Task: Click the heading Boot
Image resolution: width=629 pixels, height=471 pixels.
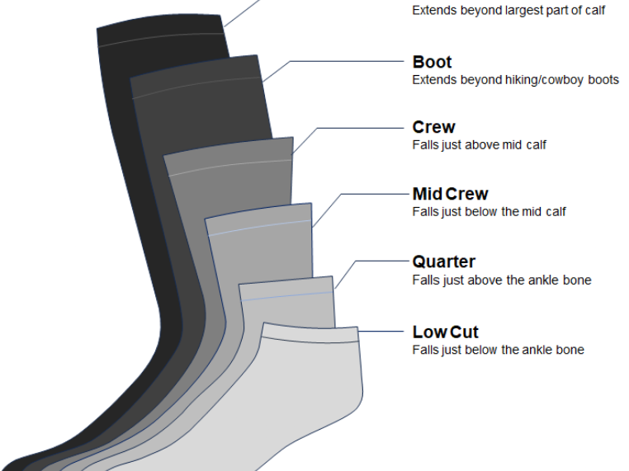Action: click(x=432, y=62)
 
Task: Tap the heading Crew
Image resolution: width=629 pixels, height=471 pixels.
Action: click(x=433, y=127)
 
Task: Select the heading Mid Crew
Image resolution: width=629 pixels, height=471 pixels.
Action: click(x=450, y=194)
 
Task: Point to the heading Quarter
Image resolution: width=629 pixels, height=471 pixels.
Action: click(x=444, y=261)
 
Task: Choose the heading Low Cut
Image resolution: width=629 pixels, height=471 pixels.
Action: click(x=445, y=332)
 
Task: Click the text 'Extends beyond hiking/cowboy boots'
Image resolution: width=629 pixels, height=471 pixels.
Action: click(x=515, y=80)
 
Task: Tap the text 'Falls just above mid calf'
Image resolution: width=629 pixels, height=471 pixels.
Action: click(x=479, y=145)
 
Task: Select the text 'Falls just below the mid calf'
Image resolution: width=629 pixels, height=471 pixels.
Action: click(x=489, y=212)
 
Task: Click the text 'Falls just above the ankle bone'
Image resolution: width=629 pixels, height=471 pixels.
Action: click(x=502, y=280)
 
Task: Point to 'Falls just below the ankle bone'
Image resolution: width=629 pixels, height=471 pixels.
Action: click(x=498, y=350)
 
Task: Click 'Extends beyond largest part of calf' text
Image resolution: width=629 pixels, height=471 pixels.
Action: click(x=508, y=12)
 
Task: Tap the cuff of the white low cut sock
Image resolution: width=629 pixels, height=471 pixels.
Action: click(x=310, y=332)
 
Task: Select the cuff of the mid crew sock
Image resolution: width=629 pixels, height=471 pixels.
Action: click(x=258, y=218)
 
